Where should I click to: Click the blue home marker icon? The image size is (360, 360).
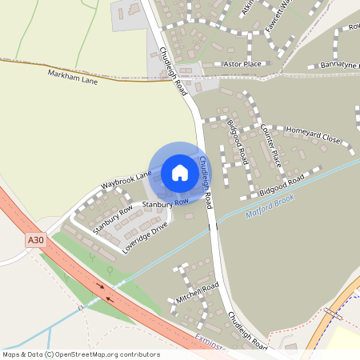pos(180,173)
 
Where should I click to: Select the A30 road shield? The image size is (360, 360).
pos(35,239)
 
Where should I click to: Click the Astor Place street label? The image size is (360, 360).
pos(242,63)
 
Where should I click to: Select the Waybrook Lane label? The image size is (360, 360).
pos(126,181)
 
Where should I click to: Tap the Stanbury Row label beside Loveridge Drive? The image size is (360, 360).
pos(113,221)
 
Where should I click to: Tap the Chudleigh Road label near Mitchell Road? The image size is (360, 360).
pos(247,331)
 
